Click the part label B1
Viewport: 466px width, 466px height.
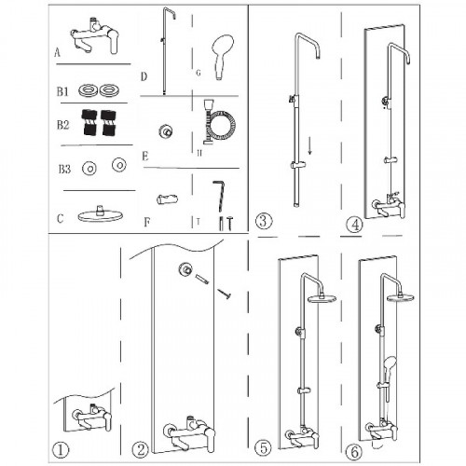tap(62, 91)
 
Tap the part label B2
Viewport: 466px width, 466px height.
tap(62, 125)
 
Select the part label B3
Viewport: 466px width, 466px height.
tap(64, 170)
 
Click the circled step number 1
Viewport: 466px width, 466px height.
tap(61, 450)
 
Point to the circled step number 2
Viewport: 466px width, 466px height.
tap(140, 450)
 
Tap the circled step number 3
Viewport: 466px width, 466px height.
tap(264, 221)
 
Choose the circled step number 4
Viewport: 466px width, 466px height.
tap(354, 225)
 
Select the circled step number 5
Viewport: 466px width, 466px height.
tap(263, 448)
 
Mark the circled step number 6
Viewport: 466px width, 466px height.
tap(354, 452)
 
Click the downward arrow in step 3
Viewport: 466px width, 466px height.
tap(309, 145)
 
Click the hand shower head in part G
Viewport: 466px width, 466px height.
tap(223, 58)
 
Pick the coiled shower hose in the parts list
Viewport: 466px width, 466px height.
tap(219, 122)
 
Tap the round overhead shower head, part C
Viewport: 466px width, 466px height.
tap(100, 214)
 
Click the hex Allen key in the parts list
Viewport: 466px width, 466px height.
tap(219, 197)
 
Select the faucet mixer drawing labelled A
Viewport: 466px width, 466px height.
tap(94, 36)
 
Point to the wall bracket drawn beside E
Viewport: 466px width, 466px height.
tap(166, 131)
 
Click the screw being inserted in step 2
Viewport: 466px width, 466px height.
tap(224, 294)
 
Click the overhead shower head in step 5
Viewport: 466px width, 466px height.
tap(322, 298)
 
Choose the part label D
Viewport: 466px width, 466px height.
tap(144, 76)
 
